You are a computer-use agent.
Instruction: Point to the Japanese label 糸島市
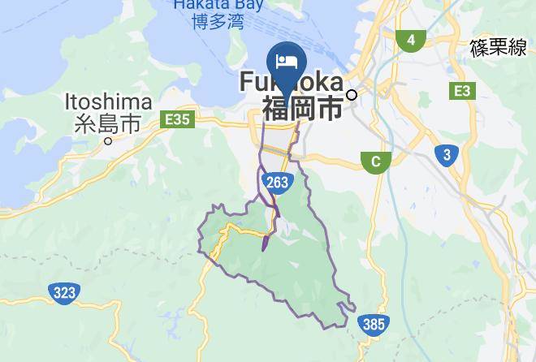[107, 123]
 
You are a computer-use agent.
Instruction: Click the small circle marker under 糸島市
[108, 140]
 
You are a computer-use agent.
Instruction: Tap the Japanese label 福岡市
[301, 109]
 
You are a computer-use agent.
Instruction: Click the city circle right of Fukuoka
[352, 95]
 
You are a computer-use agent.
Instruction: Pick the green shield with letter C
[375, 162]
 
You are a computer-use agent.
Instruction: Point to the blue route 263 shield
[277, 182]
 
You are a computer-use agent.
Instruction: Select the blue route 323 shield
[63, 291]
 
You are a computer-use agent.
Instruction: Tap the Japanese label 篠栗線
[498, 49]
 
